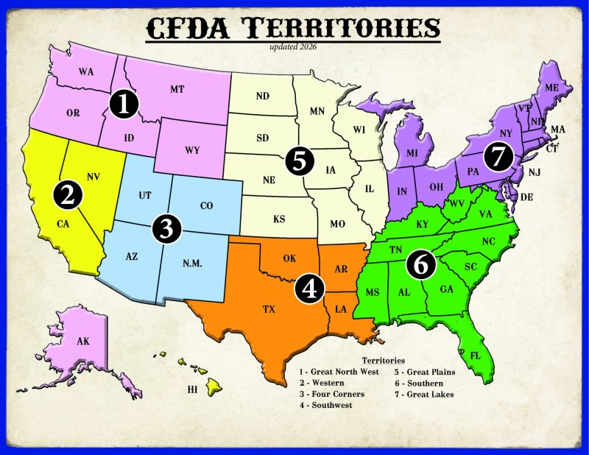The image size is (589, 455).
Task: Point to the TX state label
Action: [x=269, y=310]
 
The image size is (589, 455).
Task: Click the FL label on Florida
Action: [x=476, y=356]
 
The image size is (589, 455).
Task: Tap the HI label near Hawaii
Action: [x=193, y=389]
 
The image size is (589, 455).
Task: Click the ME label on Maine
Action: [x=552, y=88]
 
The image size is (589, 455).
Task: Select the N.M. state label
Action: [x=192, y=264]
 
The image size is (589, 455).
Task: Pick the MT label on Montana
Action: [x=177, y=89]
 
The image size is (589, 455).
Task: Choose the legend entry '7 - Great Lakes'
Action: [x=423, y=394]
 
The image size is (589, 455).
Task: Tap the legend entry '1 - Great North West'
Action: [x=339, y=372]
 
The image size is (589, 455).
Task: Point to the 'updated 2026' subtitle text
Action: [x=293, y=46]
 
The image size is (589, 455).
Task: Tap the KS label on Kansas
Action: [x=280, y=219]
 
